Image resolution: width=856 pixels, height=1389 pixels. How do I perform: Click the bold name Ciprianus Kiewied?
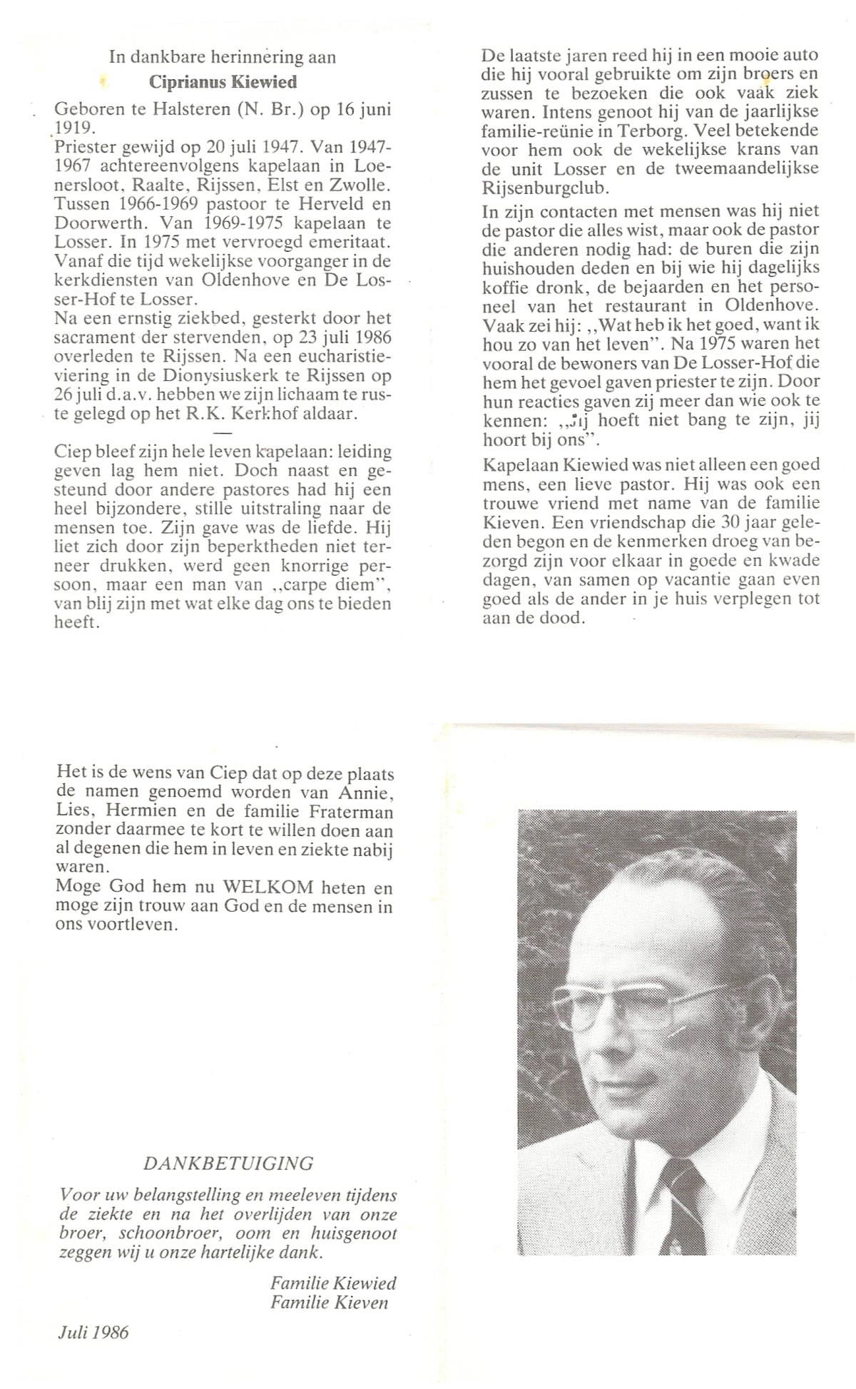point(223,82)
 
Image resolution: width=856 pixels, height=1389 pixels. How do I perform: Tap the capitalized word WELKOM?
point(268,888)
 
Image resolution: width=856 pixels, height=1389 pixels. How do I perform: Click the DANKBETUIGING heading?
point(228,1164)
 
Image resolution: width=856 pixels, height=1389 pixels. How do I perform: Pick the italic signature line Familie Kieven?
point(330,1302)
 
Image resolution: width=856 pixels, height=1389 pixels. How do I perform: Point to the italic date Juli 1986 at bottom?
point(93,1332)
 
